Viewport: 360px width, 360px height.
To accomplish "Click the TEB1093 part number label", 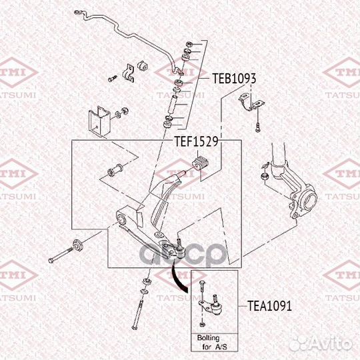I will (x=234, y=78).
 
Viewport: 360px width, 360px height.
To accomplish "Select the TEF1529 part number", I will (x=197, y=141).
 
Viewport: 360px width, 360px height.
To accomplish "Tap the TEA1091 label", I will (x=269, y=307).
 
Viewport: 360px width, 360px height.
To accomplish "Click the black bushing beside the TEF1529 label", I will (x=201, y=163).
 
